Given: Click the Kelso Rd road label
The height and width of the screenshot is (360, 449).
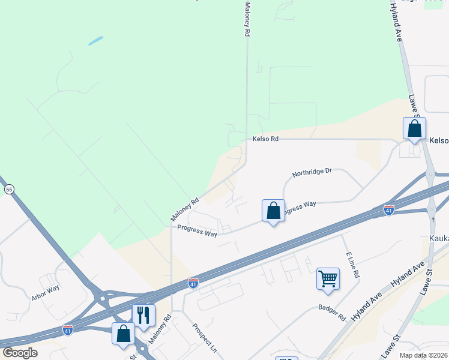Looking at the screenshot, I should click(266, 139).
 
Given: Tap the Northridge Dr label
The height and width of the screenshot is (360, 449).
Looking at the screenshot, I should click(312, 173).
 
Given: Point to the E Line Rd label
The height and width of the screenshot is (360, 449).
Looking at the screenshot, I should click(353, 264).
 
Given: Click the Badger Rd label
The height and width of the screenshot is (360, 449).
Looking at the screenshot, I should click(333, 313).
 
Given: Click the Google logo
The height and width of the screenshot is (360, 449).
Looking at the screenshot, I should click(20, 353).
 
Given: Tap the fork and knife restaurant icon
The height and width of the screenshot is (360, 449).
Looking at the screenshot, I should click(143, 314).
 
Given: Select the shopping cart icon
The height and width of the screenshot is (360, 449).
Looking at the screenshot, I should click(328, 278).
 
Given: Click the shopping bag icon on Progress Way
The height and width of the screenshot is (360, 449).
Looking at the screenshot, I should click(273, 211).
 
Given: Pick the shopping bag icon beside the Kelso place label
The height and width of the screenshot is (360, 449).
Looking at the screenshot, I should click(414, 128).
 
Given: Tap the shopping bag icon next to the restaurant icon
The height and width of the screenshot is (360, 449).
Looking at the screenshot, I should click(123, 334).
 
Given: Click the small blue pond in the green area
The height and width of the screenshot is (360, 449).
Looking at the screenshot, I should click(95, 41).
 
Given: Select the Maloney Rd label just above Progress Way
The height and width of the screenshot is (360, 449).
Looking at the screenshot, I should click(184, 209).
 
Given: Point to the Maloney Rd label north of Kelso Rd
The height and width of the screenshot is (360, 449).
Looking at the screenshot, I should click(247, 20).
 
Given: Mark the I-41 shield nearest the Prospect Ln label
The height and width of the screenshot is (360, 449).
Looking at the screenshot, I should click(193, 282).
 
